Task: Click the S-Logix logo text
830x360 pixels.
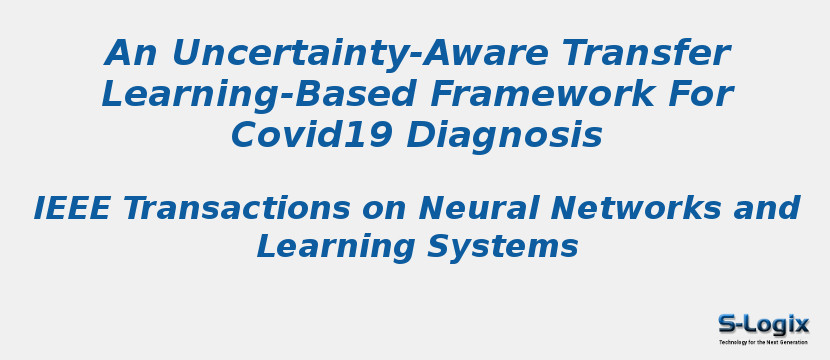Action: pyautogui.click(x=763, y=324)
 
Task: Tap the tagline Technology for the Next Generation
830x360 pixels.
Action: pyautogui.click(x=763, y=342)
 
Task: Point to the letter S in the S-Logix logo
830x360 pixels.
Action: pyautogui.click(x=727, y=324)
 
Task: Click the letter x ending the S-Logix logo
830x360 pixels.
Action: pyautogui.click(x=801, y=324)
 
